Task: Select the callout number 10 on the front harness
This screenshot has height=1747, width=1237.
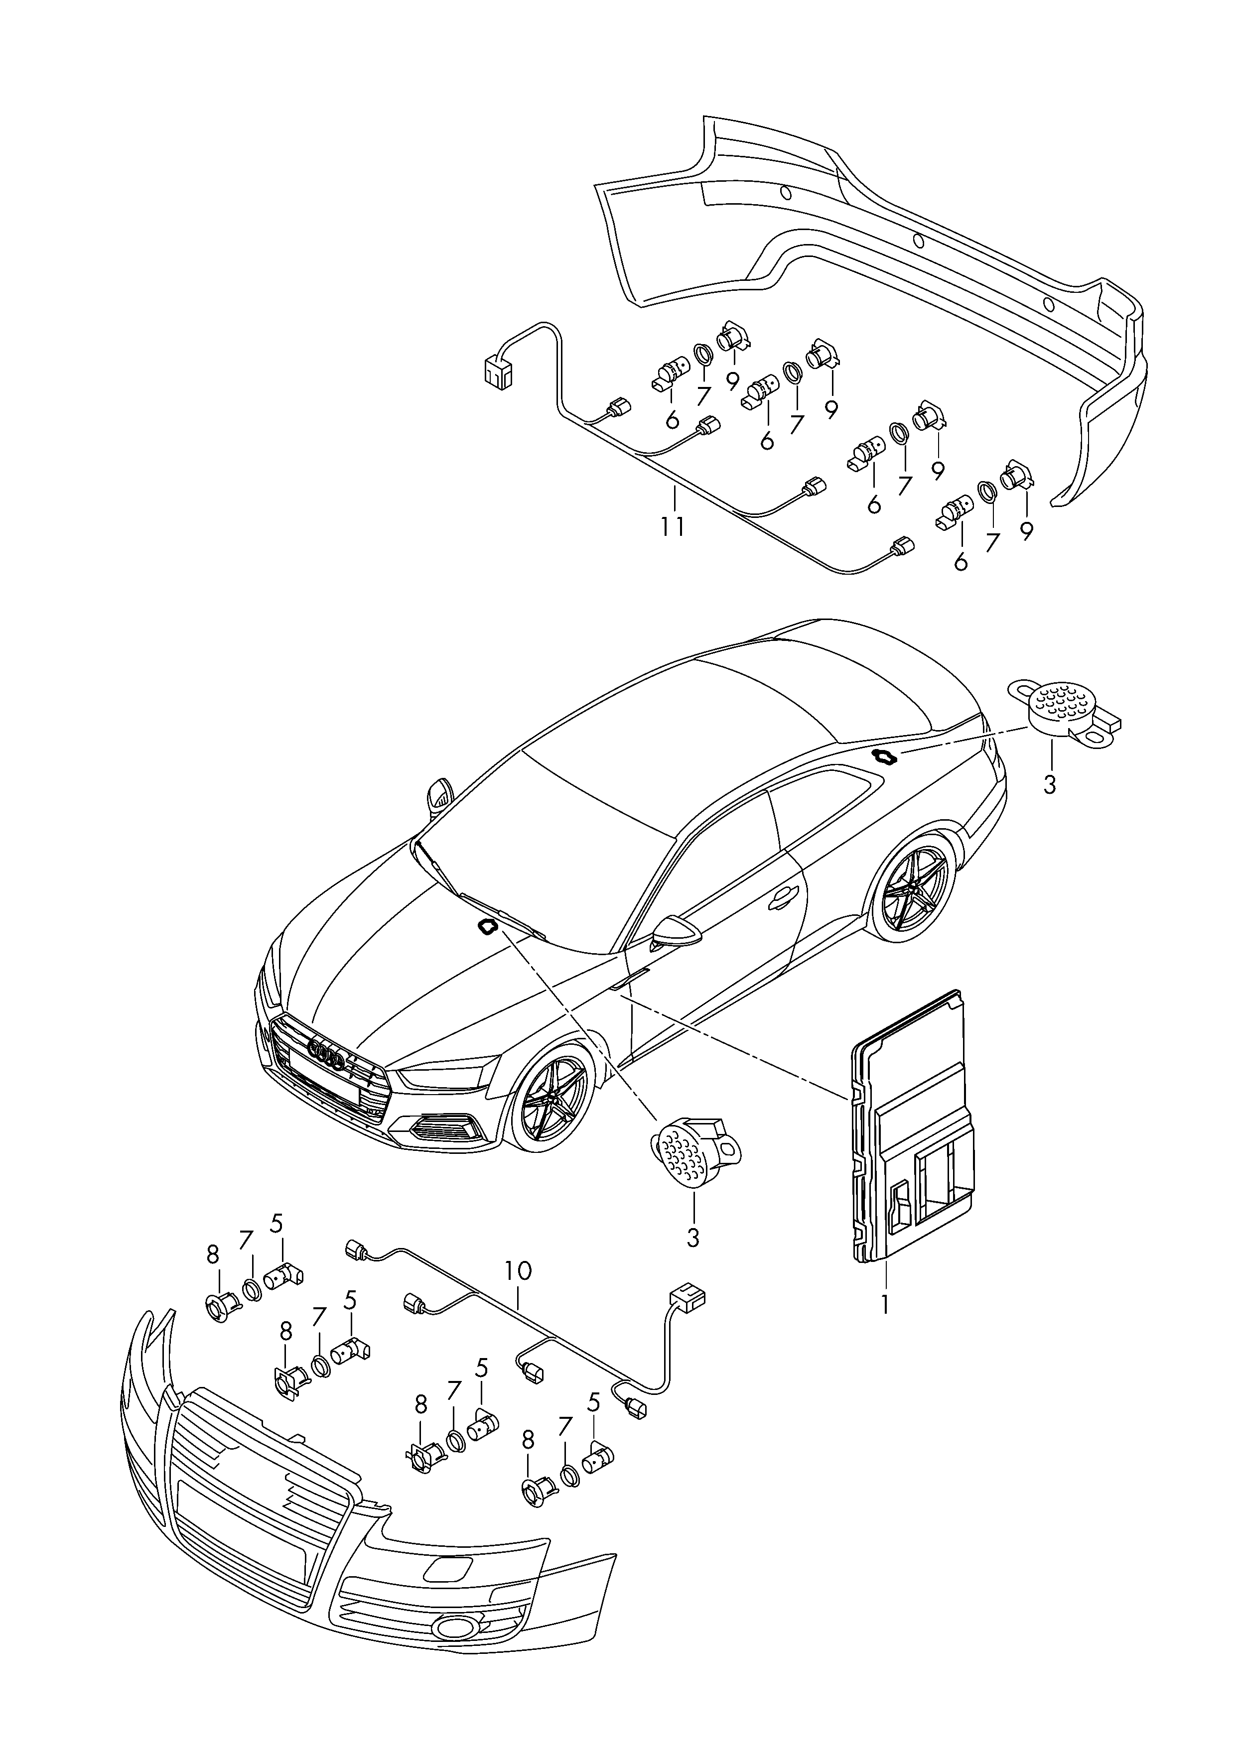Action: click(x=518, y=1270)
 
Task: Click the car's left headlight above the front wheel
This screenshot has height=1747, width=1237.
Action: click(x=442, y=1077)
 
